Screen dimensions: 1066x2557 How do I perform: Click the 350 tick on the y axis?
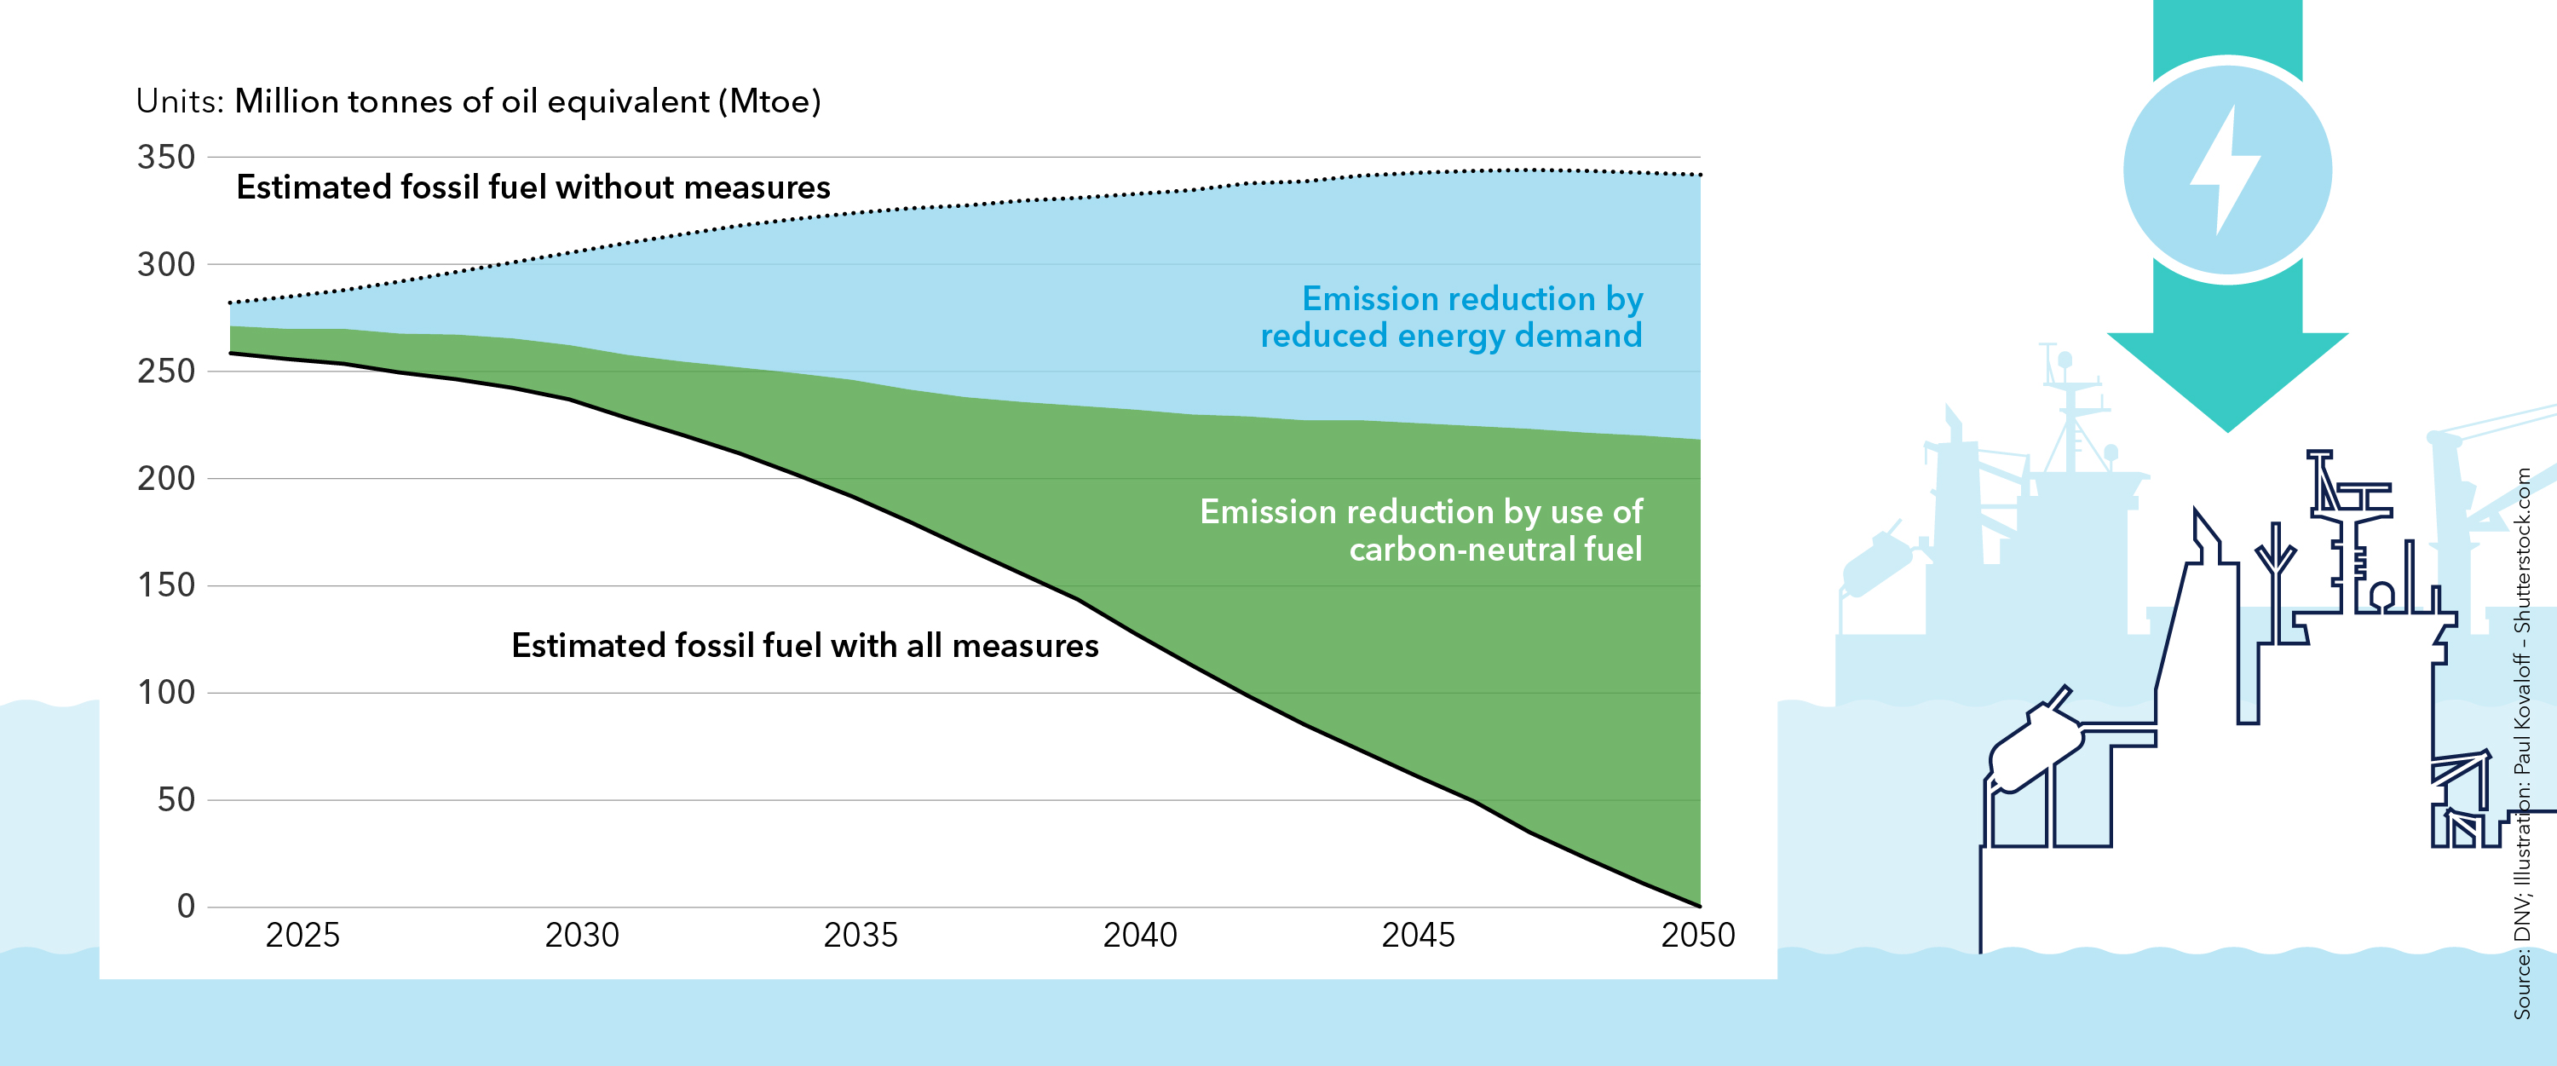(166, 157)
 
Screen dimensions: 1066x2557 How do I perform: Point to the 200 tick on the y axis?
(166, 478)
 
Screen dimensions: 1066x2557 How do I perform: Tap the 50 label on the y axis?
(176, 799)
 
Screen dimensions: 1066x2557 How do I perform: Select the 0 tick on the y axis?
(186, 905)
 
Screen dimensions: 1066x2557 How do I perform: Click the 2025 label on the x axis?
(302, 935)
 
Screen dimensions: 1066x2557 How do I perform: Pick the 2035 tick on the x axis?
(861, 935)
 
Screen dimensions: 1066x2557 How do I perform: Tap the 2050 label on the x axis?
(1697, 935)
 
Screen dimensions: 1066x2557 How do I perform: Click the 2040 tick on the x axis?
(1139, 935)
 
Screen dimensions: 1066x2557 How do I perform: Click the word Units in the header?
(178, 101)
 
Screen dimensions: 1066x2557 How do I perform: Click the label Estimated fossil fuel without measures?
(533, 187)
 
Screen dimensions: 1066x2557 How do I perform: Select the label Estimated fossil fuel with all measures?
(804, 646)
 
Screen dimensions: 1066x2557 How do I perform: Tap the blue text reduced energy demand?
(1450, 336)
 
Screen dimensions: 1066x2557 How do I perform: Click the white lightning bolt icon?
(2226, 169)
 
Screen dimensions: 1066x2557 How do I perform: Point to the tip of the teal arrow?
(2227, 429)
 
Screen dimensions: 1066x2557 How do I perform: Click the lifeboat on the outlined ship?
(2034, 749)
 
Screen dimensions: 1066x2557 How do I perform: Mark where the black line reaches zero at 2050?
(1699, 905)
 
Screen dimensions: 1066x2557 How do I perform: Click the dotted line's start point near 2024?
(230, 303)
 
